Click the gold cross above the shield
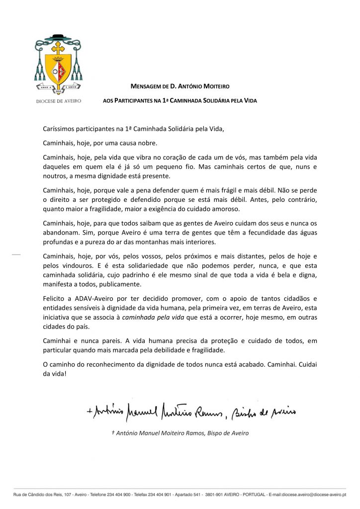coord(59,48)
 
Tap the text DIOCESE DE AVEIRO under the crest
coord(59,101)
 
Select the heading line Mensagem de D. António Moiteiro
coord(183,86)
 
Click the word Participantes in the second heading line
coord(134,101)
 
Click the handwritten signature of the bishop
coord(189,411)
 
